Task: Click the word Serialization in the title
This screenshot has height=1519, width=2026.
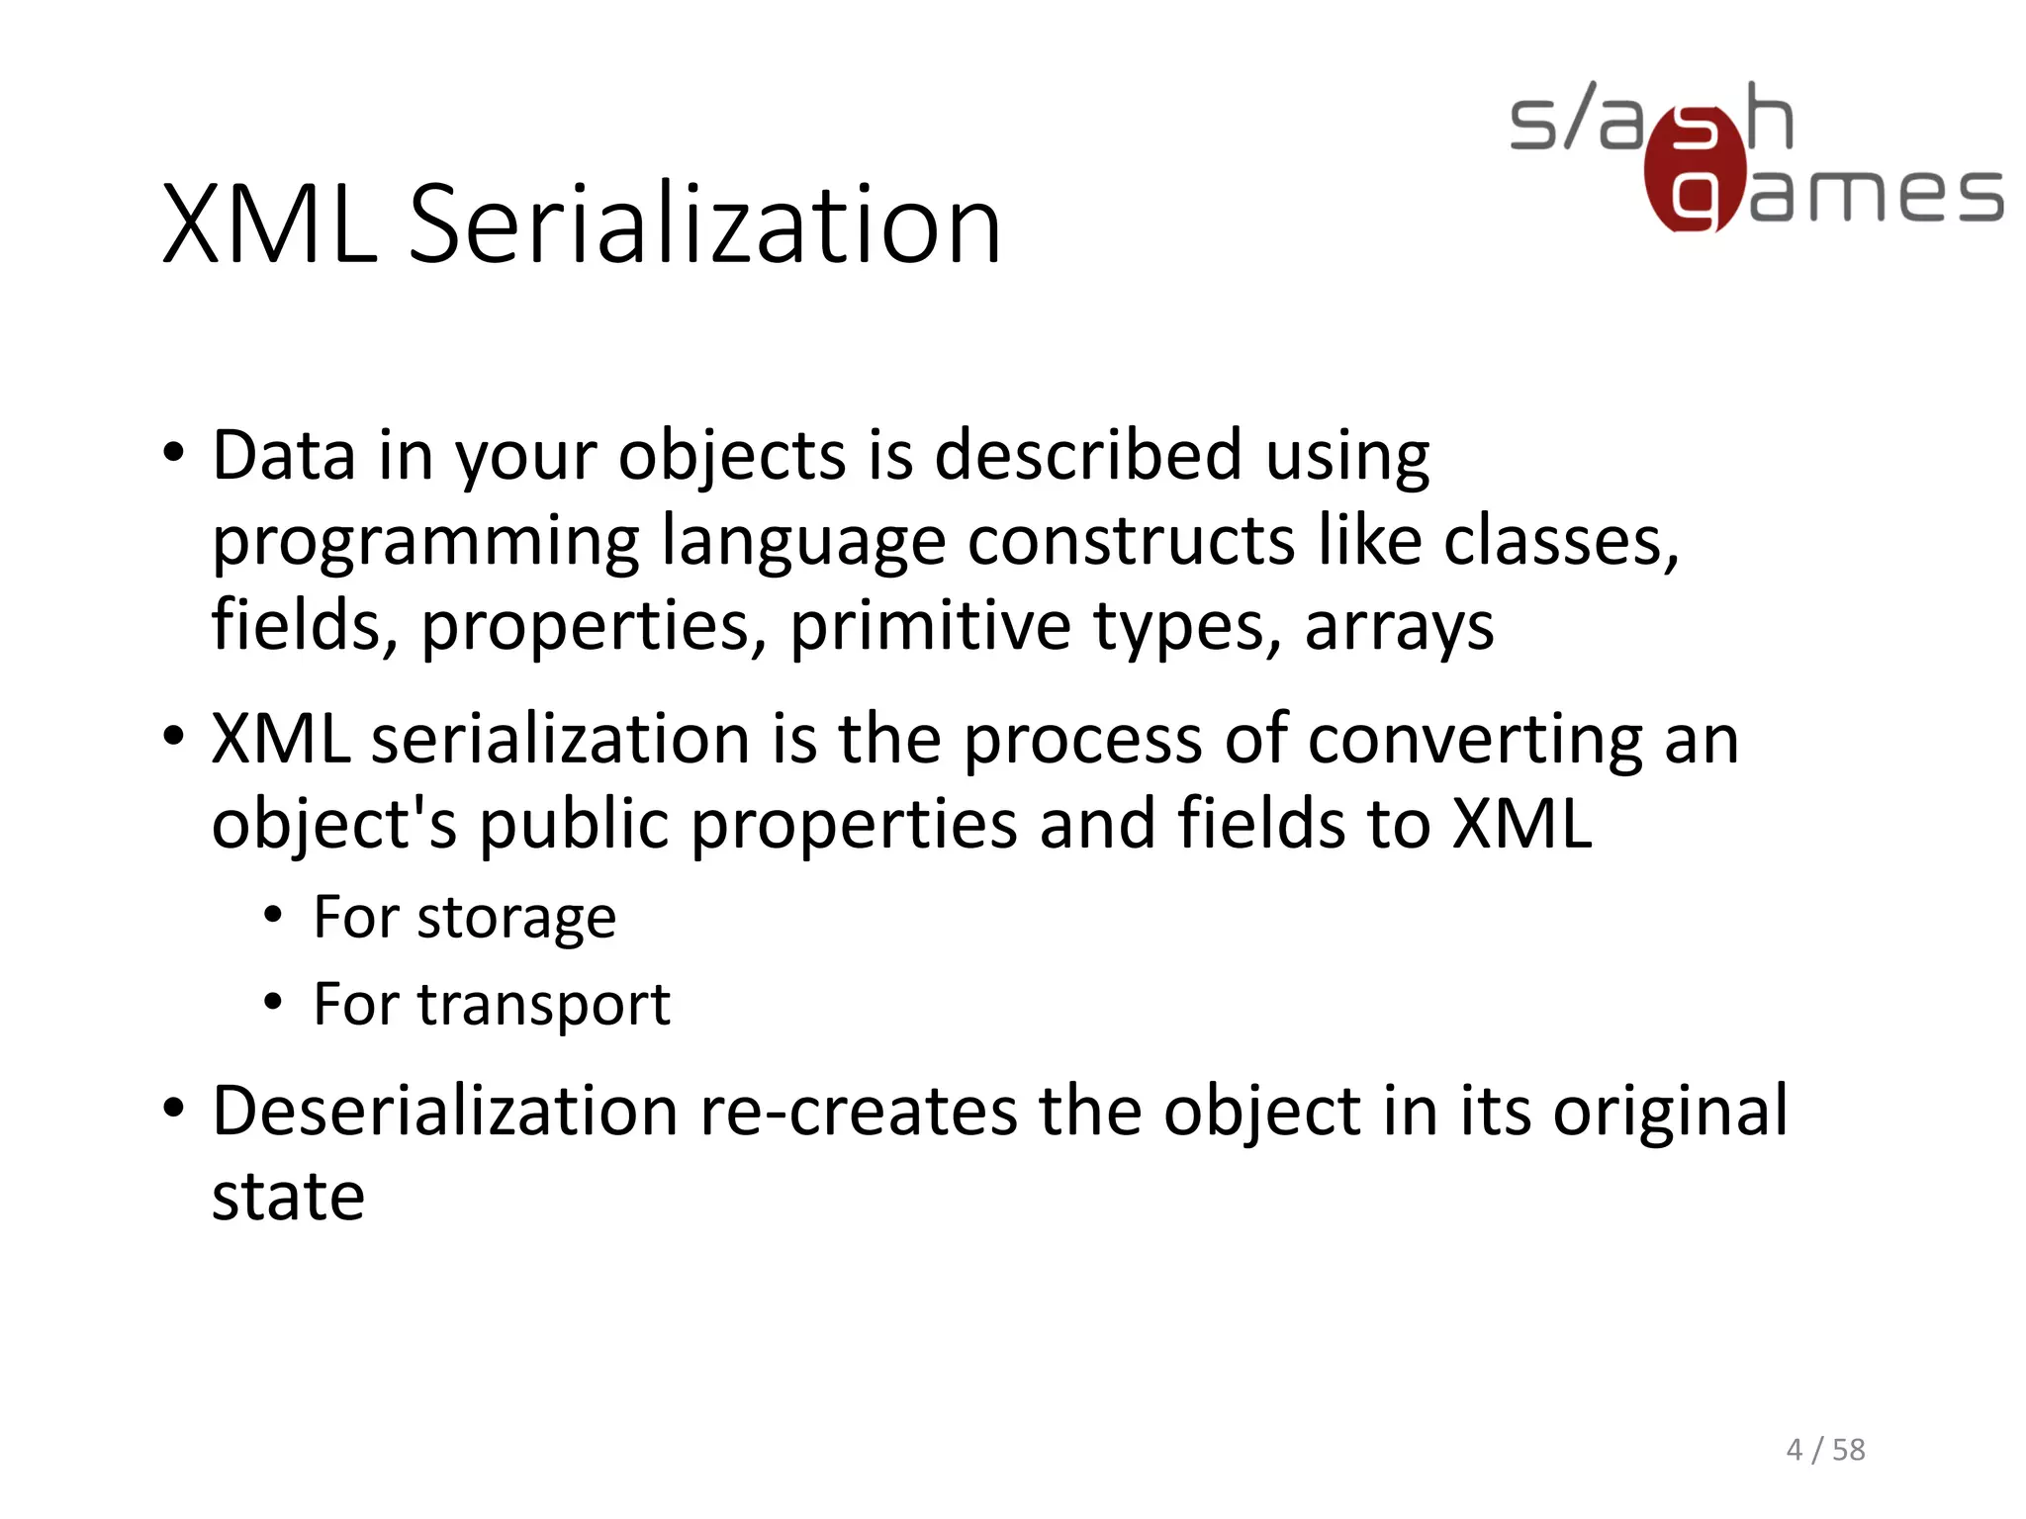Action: pos(704,225)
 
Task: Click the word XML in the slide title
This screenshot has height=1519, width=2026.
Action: pos(269,225)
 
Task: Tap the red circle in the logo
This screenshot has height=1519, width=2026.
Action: pos(1695,168)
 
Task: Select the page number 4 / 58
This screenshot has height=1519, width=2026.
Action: pos(1825,1450)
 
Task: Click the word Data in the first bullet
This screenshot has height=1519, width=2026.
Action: pos(284,456)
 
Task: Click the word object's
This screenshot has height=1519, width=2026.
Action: pos(334,825)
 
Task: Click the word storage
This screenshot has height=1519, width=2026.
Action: pos(516,920)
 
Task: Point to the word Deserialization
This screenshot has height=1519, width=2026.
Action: pos(444,1111)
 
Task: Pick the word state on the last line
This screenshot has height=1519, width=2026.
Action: pos(288,1198)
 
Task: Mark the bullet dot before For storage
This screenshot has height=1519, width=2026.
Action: pos(273,917)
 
